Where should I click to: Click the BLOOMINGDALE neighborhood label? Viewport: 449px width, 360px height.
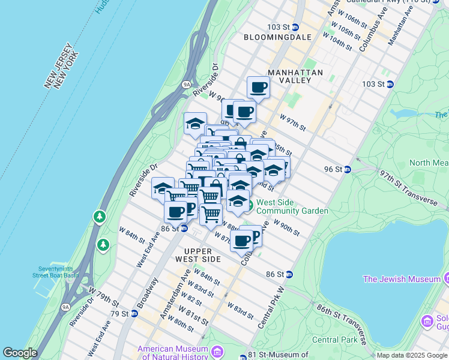point(278,37)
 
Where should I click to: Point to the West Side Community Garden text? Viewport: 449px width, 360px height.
point(292,207)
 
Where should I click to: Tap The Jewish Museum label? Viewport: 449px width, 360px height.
point(402,279)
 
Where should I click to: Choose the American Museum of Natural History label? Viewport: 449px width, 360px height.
point(173,353)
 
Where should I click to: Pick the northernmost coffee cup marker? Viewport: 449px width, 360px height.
point(259,87)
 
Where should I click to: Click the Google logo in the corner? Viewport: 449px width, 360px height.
point(20,353)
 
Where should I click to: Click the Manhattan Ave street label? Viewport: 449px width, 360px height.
point(401,25)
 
